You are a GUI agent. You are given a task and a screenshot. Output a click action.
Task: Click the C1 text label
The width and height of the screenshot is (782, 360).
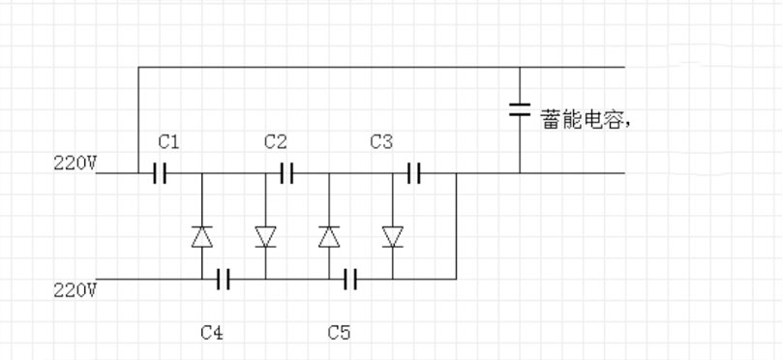[x=168, y=142]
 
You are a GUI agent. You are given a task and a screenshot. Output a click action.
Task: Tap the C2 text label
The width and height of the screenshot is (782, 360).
[x=275, y=142]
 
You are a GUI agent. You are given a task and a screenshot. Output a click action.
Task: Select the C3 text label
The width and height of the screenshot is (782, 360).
[x=381, y=142]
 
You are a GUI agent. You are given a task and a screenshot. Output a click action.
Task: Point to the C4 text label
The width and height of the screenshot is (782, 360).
[x=212, y=332]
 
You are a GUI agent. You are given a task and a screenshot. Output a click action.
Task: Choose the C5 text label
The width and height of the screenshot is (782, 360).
[x=339, y=332]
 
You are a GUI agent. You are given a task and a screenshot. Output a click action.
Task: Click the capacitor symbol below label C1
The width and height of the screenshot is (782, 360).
[x=160, y=173]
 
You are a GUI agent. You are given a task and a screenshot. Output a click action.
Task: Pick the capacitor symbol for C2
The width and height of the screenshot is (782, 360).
[x=287, y=173]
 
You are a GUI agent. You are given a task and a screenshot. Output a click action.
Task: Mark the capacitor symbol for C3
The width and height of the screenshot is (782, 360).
[x=414, y=173]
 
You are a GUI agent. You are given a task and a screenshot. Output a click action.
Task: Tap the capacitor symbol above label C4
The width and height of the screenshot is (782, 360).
[x=223, y=279]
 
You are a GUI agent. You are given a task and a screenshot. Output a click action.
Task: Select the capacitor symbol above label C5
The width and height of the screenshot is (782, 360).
[x=350, y=279]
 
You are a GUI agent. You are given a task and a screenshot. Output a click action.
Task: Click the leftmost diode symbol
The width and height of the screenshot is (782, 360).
[x=201, y=236]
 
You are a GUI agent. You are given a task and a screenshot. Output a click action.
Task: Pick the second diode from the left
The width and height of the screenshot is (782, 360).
[x=265, y=236]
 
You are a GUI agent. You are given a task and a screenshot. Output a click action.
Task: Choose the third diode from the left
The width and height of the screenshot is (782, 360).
[x=329, y=236]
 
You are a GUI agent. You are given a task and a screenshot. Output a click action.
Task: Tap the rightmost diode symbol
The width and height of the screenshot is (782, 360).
[x=393, y=236]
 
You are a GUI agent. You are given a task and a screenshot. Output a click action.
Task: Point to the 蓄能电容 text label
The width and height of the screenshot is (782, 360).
[x=585, y=120]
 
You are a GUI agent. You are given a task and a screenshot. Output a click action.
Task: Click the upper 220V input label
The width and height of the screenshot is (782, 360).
[x=75, y=163]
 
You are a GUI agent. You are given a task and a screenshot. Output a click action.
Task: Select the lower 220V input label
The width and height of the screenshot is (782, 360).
[x=75, y=289]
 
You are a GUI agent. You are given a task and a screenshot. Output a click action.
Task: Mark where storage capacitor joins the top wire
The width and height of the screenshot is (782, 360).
[x=520, y=68]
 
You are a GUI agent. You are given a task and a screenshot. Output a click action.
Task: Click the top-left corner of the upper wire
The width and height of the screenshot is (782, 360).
[x=138, y=68]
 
